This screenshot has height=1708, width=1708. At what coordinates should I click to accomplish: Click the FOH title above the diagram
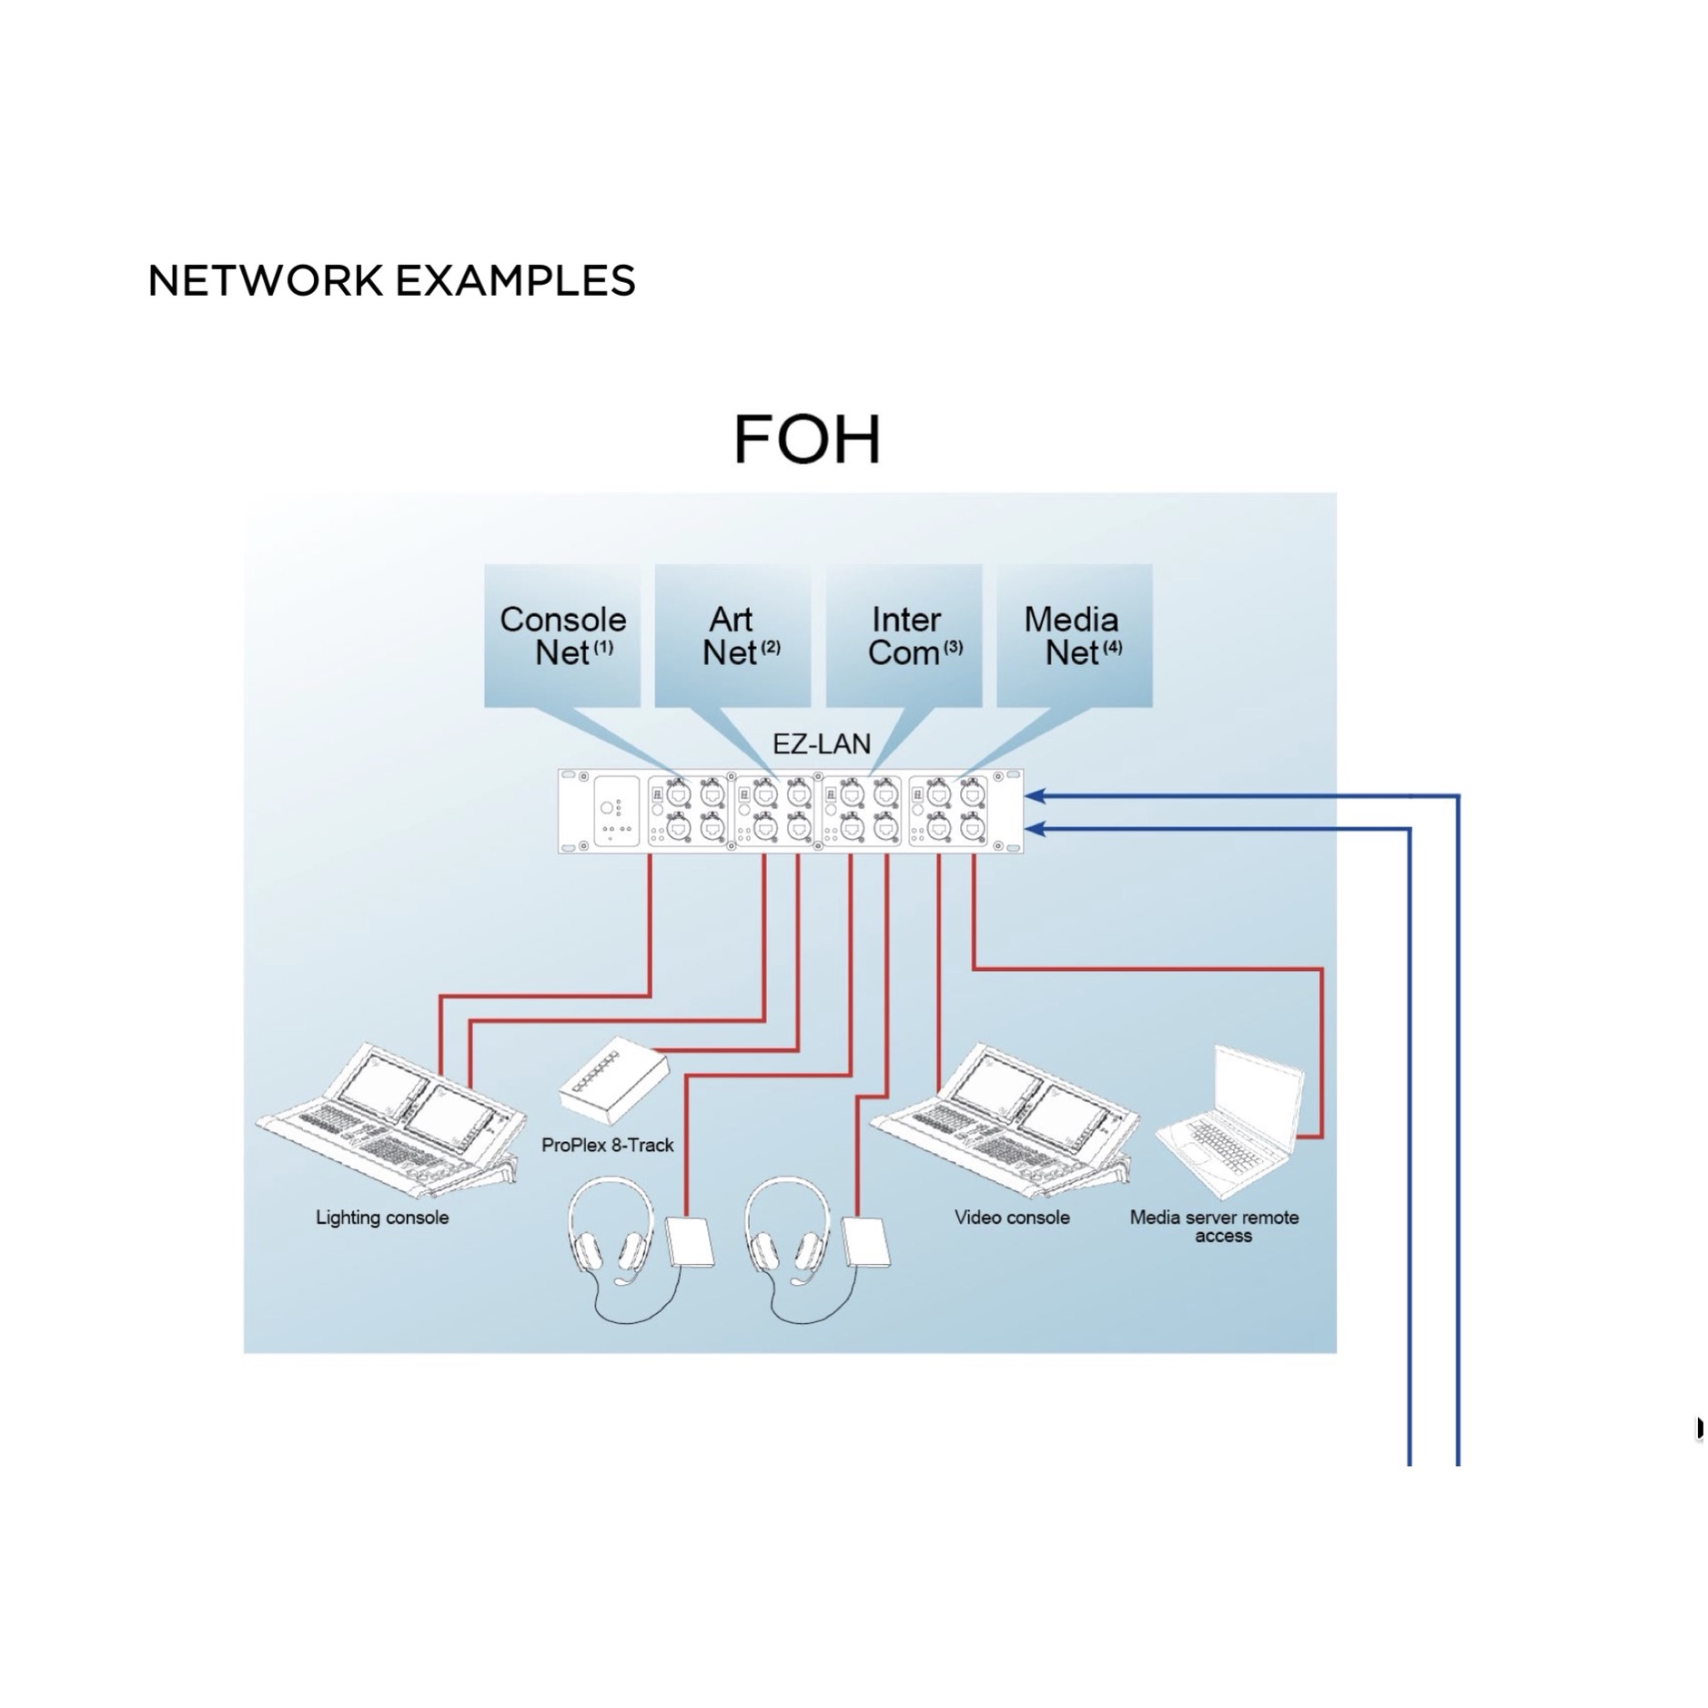tap(806, 440)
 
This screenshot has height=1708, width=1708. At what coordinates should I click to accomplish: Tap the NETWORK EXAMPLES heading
tap(391, 280)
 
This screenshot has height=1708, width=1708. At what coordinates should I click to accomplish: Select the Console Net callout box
tap(561, 635)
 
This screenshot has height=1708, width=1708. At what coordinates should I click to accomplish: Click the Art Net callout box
tap(733, 635)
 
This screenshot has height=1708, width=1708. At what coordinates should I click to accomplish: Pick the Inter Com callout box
tap(904, 635)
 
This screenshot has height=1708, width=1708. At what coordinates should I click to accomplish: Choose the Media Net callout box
tap(1075, 635)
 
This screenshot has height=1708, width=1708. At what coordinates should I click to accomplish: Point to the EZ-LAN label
tap(822, 743)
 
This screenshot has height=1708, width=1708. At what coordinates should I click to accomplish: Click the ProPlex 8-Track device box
tap(613, 1086)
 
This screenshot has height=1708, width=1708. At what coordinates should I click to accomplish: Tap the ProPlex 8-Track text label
tap(607, 1145)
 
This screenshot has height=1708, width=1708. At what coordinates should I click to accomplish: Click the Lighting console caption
tap(382, 1218)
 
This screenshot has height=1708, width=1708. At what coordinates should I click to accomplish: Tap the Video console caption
tap(1012, 1218)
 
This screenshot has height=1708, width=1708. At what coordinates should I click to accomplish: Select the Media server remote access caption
tap(1214, 1227)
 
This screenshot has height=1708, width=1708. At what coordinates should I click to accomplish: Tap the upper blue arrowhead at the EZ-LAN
tap(1036, 796)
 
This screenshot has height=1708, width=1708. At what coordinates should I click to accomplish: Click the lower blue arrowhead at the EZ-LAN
tap(1036, 829)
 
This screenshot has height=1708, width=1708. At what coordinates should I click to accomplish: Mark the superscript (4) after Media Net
tap(1113, 647)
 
